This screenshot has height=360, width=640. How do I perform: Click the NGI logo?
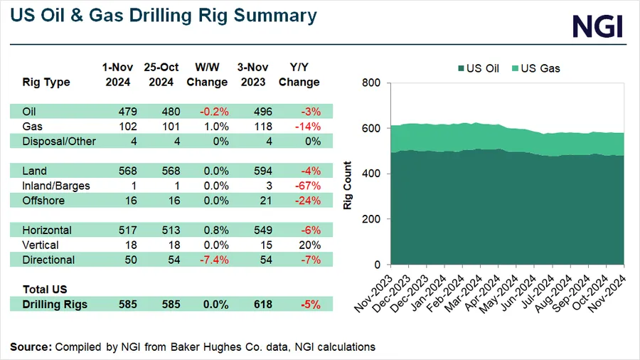pyautogui.click(x=597, y=26)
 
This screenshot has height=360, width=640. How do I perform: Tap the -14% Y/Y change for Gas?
pyautogui.click(x=309, y=127)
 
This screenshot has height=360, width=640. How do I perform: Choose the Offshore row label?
pyautogui.click(x=43, y=201)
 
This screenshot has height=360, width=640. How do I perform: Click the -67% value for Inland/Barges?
pyautogui.click(x=307, y=186)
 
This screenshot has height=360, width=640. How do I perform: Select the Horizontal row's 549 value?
pyautogui.click(x=254, y=231)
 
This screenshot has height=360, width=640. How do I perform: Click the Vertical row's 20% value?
pyautogui.click(x=310, y=245)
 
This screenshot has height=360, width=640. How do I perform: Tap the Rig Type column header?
pyautogui.click(x=46, y=82)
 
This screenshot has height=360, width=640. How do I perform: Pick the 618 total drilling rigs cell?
pyautogui.click(x=254, y=305)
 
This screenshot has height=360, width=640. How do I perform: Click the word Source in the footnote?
pyautogui.click(x=31, y=346)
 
